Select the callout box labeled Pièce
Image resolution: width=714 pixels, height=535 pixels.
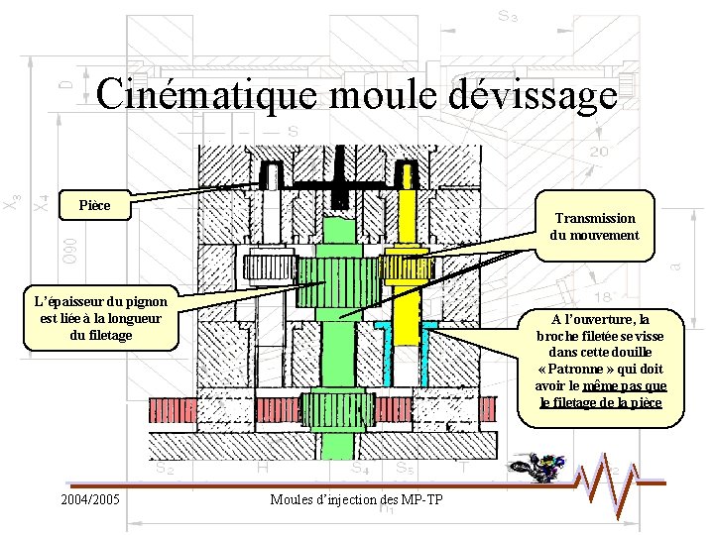[x=94, y=206]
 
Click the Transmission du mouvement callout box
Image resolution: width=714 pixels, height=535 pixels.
[x=595, y=227]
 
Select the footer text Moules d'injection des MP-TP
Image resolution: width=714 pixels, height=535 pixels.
[x=356, y=498]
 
